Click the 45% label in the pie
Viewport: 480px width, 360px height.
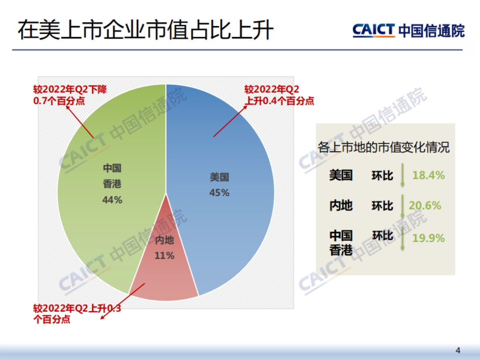pyautogui.click(x=219, y=193)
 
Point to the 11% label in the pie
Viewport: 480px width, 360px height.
pyautogui.click(x=164, y=256)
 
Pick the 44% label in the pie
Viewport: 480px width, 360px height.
pyautogui.click(x=112, y=200)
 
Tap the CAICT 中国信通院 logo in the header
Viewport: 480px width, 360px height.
pyautogui.click(x=408, y=30)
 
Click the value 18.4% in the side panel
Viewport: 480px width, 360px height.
pyautogui.click(x=428, y=175)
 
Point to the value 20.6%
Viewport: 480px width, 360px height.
pyautogui.click(x=425, y=206)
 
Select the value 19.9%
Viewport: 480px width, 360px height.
pyautogui.click(x=428, y=238)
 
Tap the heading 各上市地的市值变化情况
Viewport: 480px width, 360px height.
pyautogui.click(x=384, y=147)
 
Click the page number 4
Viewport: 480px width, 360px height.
pyautogui.click(x=458, y=351)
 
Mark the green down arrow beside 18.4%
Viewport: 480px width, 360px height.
pyautogui.click(x=402, y=175)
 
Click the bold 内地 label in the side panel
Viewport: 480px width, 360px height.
pyautogui.click(x=341, y=206)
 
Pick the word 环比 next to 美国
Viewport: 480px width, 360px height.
pyautogui.click(x=382, y=175)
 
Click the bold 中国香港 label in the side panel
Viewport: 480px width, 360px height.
pyautogui.click(x=341, y=242)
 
